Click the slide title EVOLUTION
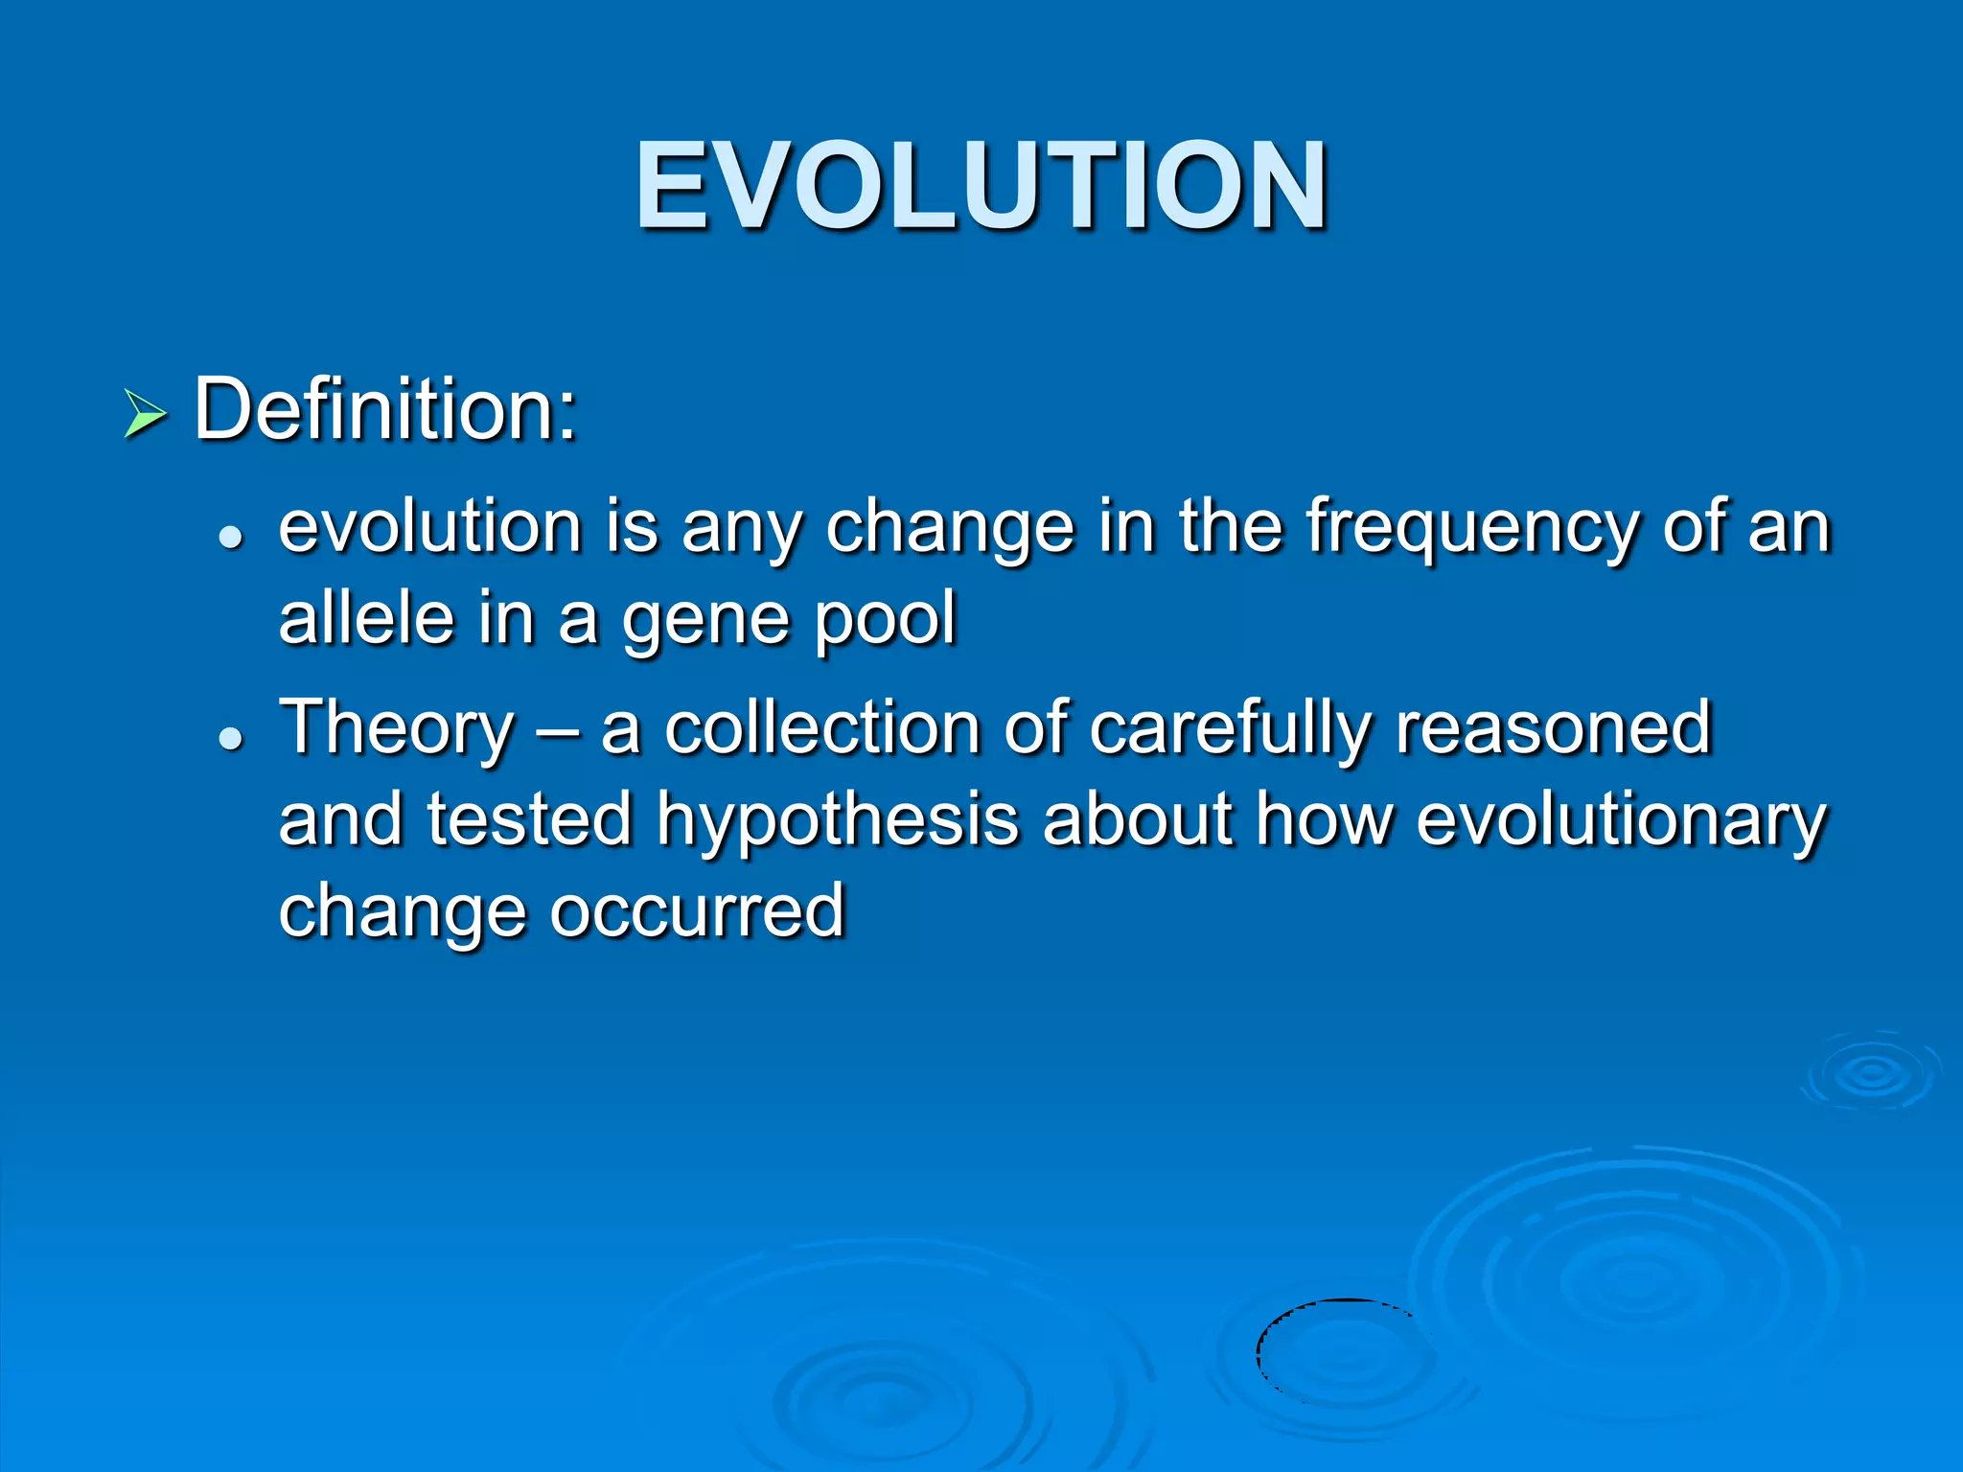tap(981, 185)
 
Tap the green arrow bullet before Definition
tap(146, 415)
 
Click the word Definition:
tap(385, 409)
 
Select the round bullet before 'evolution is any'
tap(230, 539)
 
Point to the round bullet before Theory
tap(230, 738)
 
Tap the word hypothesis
tap(837, 822)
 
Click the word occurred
tap(697, 910)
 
